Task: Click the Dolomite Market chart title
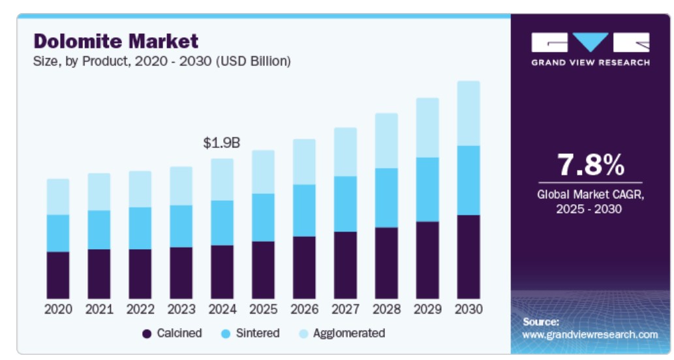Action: (x=115, y=41)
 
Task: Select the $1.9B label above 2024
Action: (x=222, y=143)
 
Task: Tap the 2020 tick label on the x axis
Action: (x=58, y=309)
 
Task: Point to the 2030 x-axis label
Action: (x=468, y=309)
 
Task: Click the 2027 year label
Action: (x=345, y=309)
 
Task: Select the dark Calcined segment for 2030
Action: (x=468, y=256)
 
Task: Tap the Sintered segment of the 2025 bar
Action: (x=263, y=217)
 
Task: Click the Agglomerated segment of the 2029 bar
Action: (x=427, y=128)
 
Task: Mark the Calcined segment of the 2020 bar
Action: (x=58, y=275)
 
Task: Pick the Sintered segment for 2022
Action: (x=140, y=228)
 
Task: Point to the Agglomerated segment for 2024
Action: (x=222, y=179)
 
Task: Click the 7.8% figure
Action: (x=590, y=165)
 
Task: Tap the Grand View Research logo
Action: (x=590, y=49)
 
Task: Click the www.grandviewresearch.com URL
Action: (x=590, y=335)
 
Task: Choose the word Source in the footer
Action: (x=541, y=322)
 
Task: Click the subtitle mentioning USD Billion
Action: (x=162, y=61)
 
